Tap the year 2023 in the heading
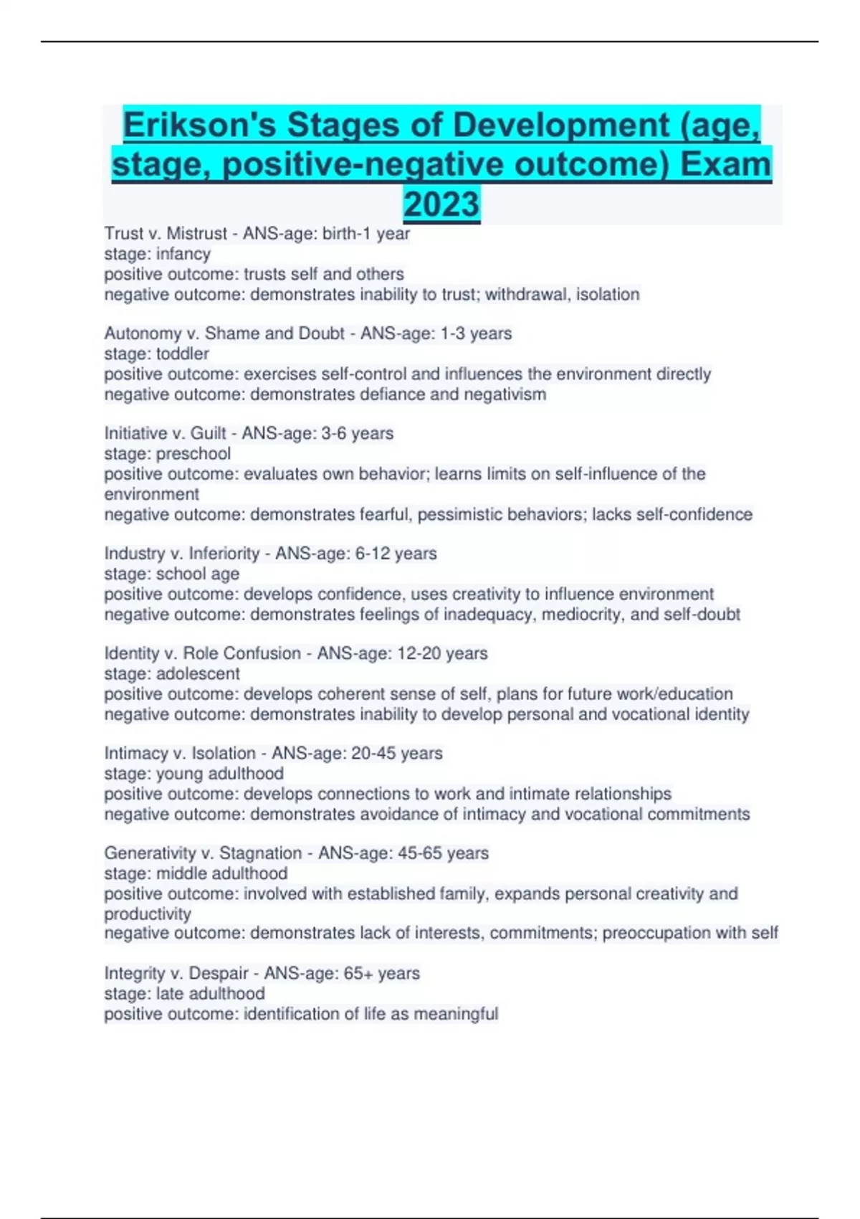tap(441, 204)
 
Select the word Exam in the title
tap(725, 164)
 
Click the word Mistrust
tap(196, 234)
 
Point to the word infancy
tap(183, 254)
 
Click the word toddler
tap(183, 354)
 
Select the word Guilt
tap(209, 433)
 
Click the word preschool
tap(193, 453)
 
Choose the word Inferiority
tap(224, 554)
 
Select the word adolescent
tap(198, 673)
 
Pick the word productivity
tap(148, 914)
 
